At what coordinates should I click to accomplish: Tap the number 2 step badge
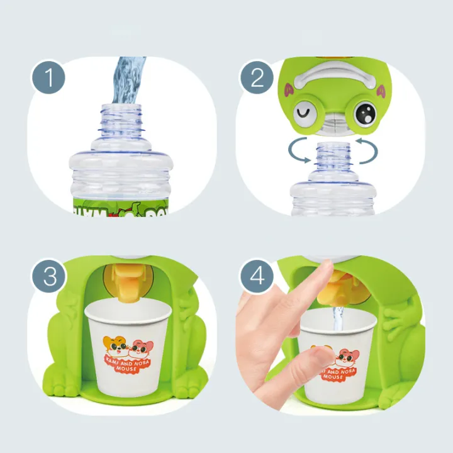257,79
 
